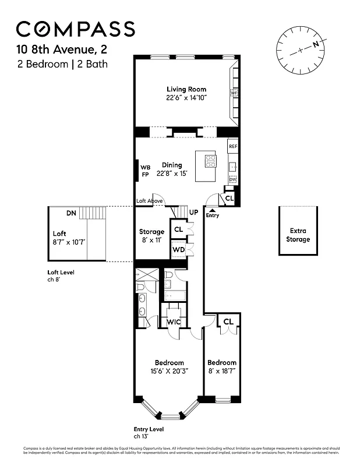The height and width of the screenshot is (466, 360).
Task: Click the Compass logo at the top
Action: click(x=75, y=29)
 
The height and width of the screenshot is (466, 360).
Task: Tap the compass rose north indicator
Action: click(x=315, y=44)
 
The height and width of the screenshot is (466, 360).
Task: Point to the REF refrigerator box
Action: click(x=232, y=146)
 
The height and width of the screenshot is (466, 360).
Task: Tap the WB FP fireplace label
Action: click(x=145, y=171)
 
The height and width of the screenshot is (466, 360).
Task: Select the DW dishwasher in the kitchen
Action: click(x=232, y=180)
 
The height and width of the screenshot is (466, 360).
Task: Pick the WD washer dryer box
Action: click(x=178, y=249)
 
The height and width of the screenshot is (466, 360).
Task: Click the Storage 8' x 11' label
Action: click(x=151, y=235)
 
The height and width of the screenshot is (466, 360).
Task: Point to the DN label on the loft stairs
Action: click(x=71, y=213)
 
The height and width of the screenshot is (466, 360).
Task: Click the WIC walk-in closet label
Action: click(x=175, y=321)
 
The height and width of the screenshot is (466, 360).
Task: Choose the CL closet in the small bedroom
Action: click(x=228, y=321)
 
